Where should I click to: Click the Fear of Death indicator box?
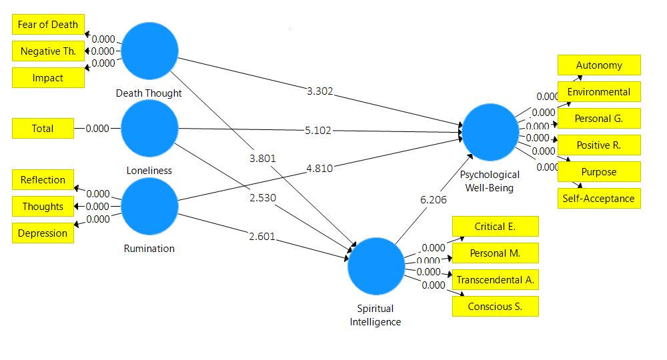pyautogui.click(x=48, y=25)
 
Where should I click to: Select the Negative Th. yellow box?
pyautogui.click(x=48, y=51)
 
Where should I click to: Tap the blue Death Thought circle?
pyautogui.click(x=150, y=51)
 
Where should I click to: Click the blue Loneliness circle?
pyautogui.click(x=150, y=129)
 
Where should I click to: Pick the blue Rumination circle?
pyautogui.click(x=150, y=207)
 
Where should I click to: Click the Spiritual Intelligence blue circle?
pyautogui.click(x=376, y=267)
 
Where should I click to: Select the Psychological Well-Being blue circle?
pyautogui.click(x=490, y=132)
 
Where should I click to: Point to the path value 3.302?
pyautogui.click(x=319, y=91)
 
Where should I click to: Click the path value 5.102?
pyautogui.click(x=317, y=131)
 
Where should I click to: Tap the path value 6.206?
pyautogui.click(x=433, y=199)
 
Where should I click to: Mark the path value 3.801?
pyautogui.click(x=262, y=158)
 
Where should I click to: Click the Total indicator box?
pyautogui.click(x=43, y=129)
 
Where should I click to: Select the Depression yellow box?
pyautogui.click(x=43, y=233)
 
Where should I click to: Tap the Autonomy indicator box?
pyautogui.click(x=599, y=65)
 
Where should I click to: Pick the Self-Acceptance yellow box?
pyautogui.click(x=599, y=199)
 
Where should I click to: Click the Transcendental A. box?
pyautogui.click(x=495, y=280)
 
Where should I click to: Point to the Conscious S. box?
pyautogui.click(x=495, y=307)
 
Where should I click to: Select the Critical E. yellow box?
pyautogui.click(x=495, y=227)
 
